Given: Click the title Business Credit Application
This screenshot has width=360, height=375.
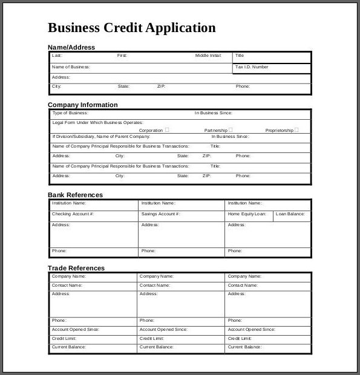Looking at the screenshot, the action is [131, 28].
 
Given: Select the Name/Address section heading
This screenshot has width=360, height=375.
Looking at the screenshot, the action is [71, 47].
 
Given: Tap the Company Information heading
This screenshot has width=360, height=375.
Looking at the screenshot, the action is [82, 105].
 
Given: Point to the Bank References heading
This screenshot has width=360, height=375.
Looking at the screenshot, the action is [75, 195].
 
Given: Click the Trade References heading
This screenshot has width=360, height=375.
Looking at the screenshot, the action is [76, 268].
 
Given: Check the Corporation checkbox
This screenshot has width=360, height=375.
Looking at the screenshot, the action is [167, 129].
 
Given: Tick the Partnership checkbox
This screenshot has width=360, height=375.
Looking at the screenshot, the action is [231, 129].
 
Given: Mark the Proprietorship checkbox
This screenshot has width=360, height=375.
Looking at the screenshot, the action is [296, 129].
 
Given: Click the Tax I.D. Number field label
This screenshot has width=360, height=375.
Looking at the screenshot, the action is [252, 67].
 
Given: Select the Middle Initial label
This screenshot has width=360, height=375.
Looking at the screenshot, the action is [208, 56].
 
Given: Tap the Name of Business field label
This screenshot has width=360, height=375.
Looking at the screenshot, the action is [71, 67].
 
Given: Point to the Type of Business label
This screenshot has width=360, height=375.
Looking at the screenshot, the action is [70, 113].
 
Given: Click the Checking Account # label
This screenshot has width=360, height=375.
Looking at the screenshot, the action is [73, 214].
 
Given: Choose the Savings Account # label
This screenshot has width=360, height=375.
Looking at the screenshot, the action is [161, 214].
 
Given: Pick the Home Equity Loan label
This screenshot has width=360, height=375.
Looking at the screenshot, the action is [246, 214].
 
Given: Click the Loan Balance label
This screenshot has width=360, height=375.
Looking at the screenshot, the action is [290, 214].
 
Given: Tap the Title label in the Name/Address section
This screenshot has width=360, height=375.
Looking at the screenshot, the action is [240, 56].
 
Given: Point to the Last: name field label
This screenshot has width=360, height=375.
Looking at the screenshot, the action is [57, 56].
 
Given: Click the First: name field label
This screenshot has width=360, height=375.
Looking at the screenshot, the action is [122, 56].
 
